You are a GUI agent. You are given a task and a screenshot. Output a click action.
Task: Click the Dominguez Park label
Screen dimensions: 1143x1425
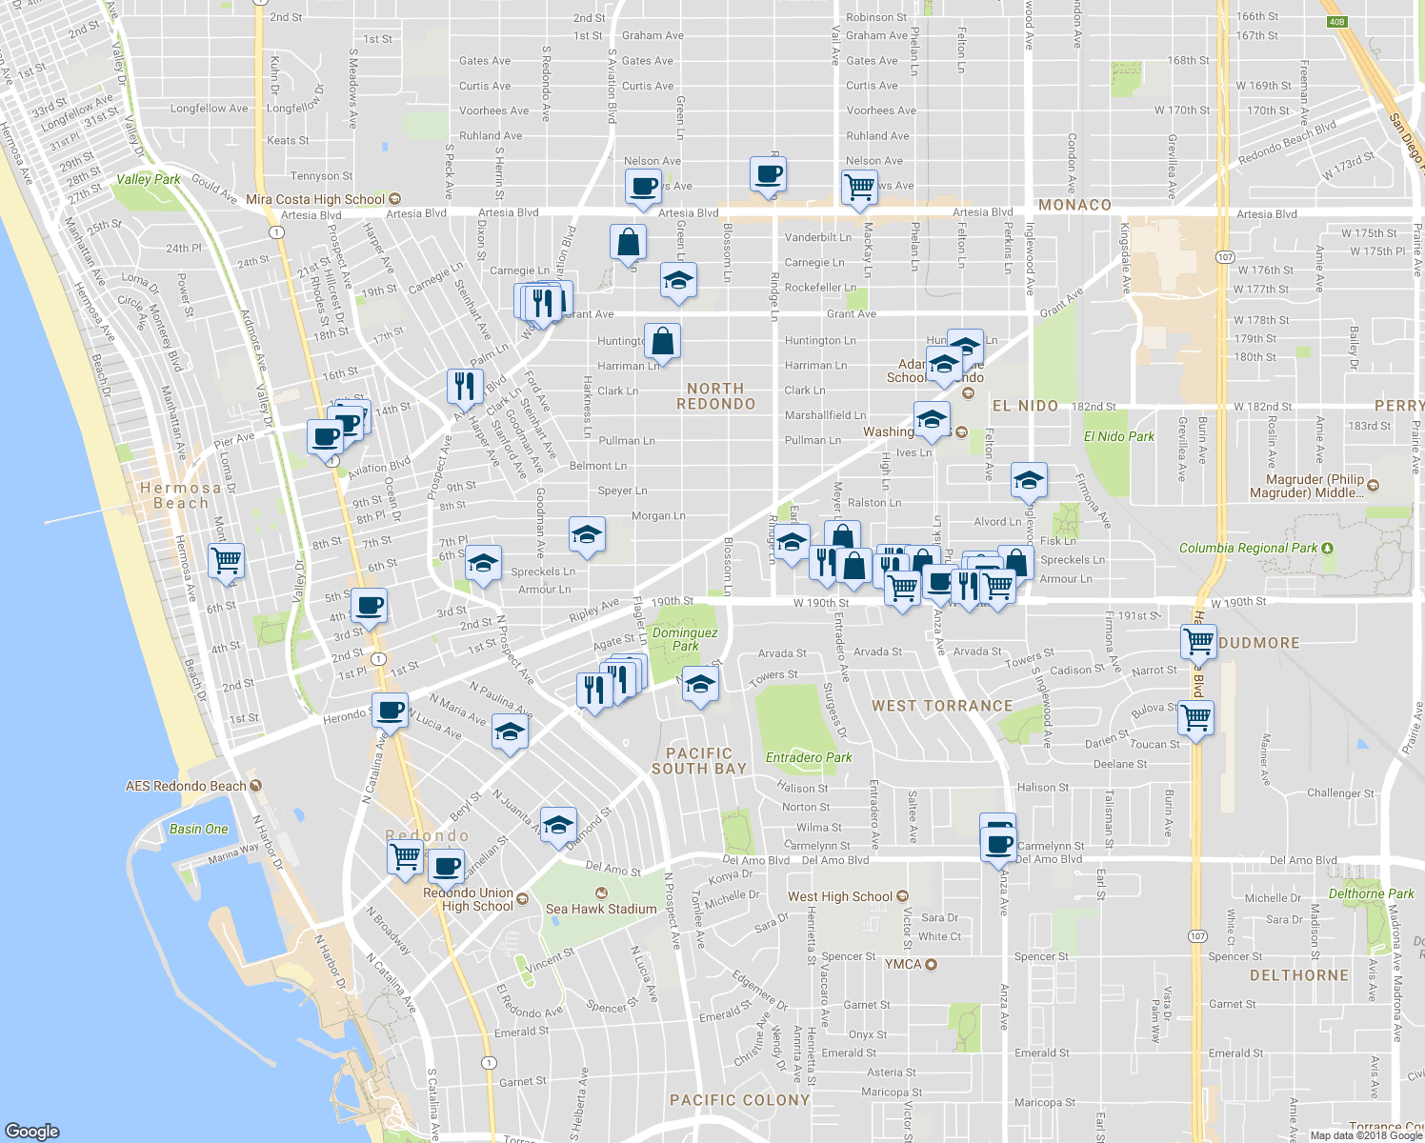(685, 639)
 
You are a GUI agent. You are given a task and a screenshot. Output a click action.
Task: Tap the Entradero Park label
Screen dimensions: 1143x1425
(809, 757)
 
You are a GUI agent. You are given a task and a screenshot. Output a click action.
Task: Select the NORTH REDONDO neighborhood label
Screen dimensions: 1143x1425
(715, 396)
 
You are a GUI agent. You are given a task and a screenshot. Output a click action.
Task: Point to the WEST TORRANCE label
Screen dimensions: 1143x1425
(942, 706)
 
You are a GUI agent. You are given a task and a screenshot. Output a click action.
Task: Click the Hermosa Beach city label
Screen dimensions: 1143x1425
(180, 495)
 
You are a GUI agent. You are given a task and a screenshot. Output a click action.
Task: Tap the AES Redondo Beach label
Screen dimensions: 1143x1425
(187, 786)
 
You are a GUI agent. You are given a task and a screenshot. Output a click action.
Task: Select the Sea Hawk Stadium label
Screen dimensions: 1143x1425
(601, 909)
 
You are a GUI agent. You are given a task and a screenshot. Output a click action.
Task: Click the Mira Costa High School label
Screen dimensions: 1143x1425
(315, 199)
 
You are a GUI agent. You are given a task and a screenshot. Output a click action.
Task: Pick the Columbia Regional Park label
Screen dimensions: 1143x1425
(1248, 548)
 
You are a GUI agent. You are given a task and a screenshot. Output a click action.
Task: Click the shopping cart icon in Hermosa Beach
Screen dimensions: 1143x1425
(226, 560)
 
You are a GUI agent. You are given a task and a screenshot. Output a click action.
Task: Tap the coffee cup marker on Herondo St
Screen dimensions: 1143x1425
(389, 710)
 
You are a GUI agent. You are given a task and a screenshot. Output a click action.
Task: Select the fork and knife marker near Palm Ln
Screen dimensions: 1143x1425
(464, 386)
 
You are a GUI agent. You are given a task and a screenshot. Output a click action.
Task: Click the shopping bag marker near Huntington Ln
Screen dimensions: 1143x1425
(662, 341)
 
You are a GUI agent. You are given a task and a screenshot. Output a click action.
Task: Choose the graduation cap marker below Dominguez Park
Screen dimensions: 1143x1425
(700, 684)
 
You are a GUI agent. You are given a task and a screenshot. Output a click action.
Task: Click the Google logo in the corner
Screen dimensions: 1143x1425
(32, 1131)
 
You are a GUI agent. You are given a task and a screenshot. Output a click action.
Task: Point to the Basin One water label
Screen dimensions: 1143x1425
(198, 829)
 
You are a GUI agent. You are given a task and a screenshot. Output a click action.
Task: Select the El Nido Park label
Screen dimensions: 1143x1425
(1118, 436)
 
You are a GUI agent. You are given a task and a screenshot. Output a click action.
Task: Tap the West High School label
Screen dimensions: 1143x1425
(840, 896)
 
